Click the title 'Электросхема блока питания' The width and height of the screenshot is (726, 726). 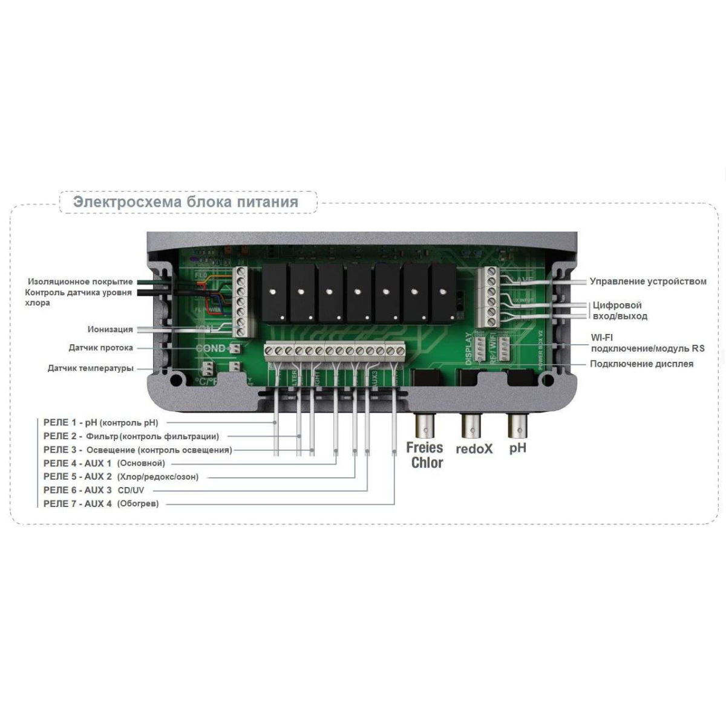[x=185, y=202]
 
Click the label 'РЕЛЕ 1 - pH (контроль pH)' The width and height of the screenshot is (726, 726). [x=100, y=422]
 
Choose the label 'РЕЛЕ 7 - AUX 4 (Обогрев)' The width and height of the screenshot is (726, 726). [x=101, y=503]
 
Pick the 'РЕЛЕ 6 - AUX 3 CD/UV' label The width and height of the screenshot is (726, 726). [x=94, y=490]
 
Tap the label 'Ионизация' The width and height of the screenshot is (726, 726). [x=110, y=330]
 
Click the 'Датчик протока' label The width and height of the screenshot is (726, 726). [x=100, y=348]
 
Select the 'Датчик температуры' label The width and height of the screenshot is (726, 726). [x=90, y=368]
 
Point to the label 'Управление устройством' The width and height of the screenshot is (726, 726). [x=648, y=281]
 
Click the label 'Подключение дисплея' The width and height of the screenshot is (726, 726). [x=641, y=364]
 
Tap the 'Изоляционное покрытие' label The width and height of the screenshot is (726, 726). [x=80, y=282]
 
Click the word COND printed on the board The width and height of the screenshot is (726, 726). [x=211, y=348]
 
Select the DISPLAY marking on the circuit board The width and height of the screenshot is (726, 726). [x=469, y=348]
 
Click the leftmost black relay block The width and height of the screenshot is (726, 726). [x=275, y=293]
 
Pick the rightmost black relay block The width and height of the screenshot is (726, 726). [x=443, y=293]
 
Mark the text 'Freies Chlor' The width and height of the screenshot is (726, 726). [x=425, y=455]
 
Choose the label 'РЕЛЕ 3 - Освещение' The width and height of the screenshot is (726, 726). [x=137, y=450]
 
